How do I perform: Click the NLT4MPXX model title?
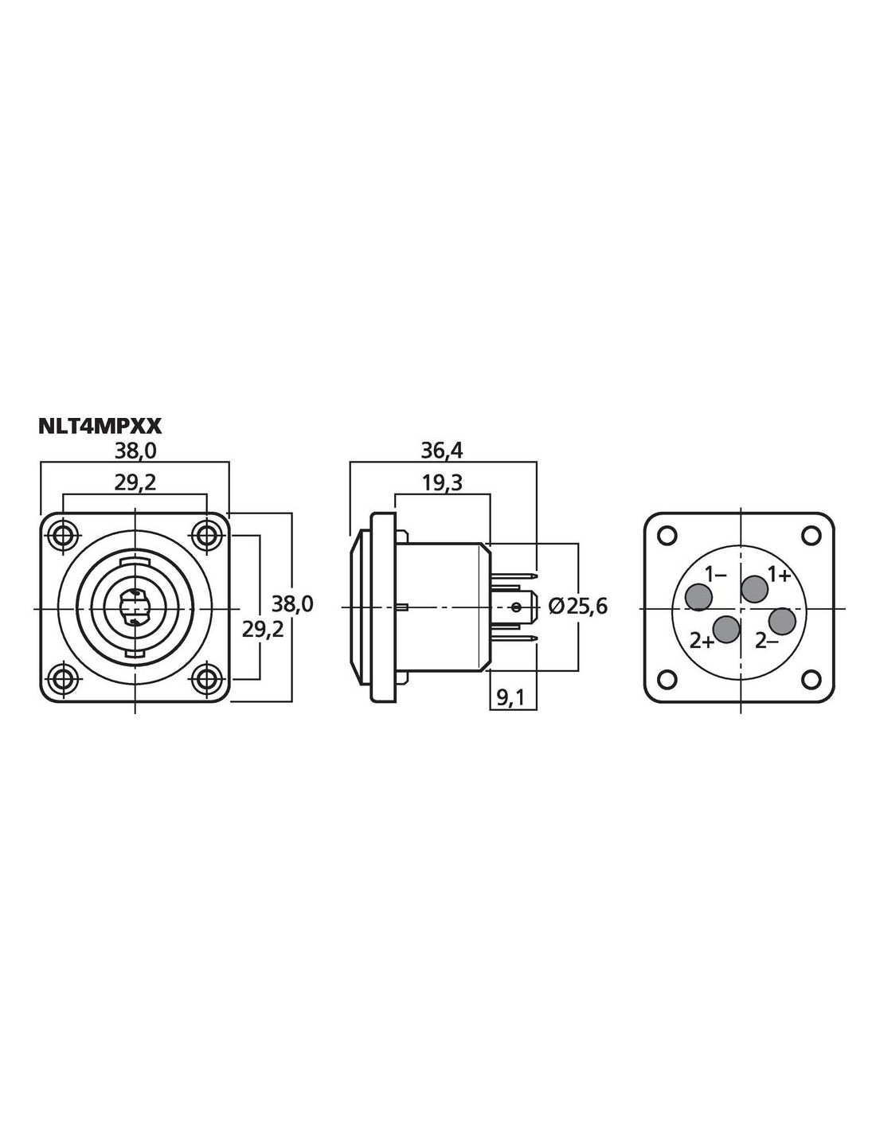(x=100, y=426)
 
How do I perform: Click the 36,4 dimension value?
(x=442, y=451)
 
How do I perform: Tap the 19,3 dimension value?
(x=442, y=483)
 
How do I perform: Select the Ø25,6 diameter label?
(x=578, y=606)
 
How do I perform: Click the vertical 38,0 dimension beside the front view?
(x=292, y=604)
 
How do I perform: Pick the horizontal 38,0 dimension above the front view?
(x=135, y=451)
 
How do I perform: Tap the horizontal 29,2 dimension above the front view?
(x=135, y=483)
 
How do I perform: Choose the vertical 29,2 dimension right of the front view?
(x=263, y=630)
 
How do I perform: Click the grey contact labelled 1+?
(x=754, y=588)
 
